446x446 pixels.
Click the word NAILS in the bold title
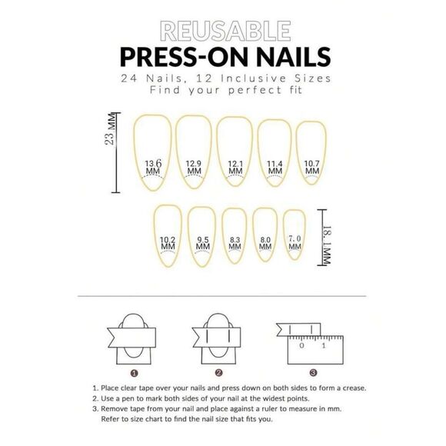tap(289, 57)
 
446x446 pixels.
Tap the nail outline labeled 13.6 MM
tap(154, 150)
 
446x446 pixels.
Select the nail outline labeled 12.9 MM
tap(194, 150)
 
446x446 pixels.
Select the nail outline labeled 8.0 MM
tap(265, 237)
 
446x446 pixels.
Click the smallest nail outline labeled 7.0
tap(293, 238)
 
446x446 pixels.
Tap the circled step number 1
tap(135, 371)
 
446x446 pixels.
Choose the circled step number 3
tap(315, 371)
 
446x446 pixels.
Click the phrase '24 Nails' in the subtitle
tap(144, 79)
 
